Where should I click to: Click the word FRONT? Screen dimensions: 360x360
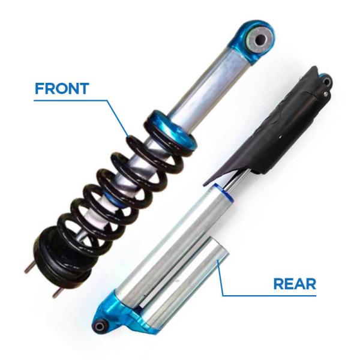click(x=62, y=89)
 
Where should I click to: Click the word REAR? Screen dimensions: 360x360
click(x=294, y=283)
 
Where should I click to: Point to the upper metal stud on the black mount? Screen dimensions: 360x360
click(x=28, y=269)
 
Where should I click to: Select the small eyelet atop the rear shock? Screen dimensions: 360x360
click(x=323, y=77)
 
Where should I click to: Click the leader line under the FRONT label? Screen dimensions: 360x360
click(x=78, y=100)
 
